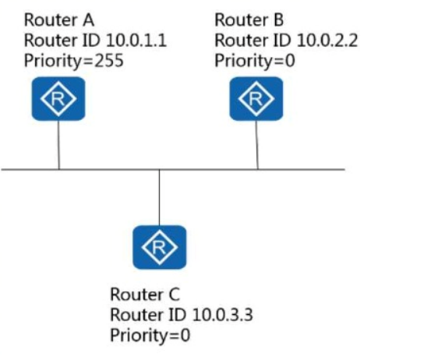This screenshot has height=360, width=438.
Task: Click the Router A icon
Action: pyautogui.click(x=58, y=99)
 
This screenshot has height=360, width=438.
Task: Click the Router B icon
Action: pyautogui.click(x=256, y=99)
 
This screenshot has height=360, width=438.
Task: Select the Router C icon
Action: pyautogui.click(x=160, y=247)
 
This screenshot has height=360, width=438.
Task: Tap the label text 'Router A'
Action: pyautogui.click(x=59, y=20)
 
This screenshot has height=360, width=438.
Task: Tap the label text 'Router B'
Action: pyautogui.click(x=249, y=20)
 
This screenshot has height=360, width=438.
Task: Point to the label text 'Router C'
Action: pyautogui.click(x=145, y=295)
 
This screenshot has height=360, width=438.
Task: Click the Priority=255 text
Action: pyautogui.click(x=74, y=61)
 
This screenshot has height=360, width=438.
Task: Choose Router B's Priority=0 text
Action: pyautogui.click(x=255, y=61)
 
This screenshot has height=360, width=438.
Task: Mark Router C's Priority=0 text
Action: pyautogui.click(x=150, y=335)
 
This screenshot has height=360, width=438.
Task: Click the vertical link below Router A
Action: pyautogui.click(x=58, y=145)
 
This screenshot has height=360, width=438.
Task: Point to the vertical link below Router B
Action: pyautogui.click(x=257, y=145)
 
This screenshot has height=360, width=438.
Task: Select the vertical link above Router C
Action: pyautogui.click(x=159, y=197)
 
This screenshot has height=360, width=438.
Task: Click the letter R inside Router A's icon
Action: pyautogui.click(x=58, y=99)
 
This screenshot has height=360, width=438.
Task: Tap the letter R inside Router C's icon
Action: pyautogui.click(x=159, y=248)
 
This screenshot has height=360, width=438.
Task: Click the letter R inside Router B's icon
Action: pyautogui.click(x=256, y=99)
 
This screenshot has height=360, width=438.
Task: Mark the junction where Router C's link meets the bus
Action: pyautogui.click(x=159, y=170)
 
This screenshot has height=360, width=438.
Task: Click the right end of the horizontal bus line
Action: pyautogui.click(x=345, y=169)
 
